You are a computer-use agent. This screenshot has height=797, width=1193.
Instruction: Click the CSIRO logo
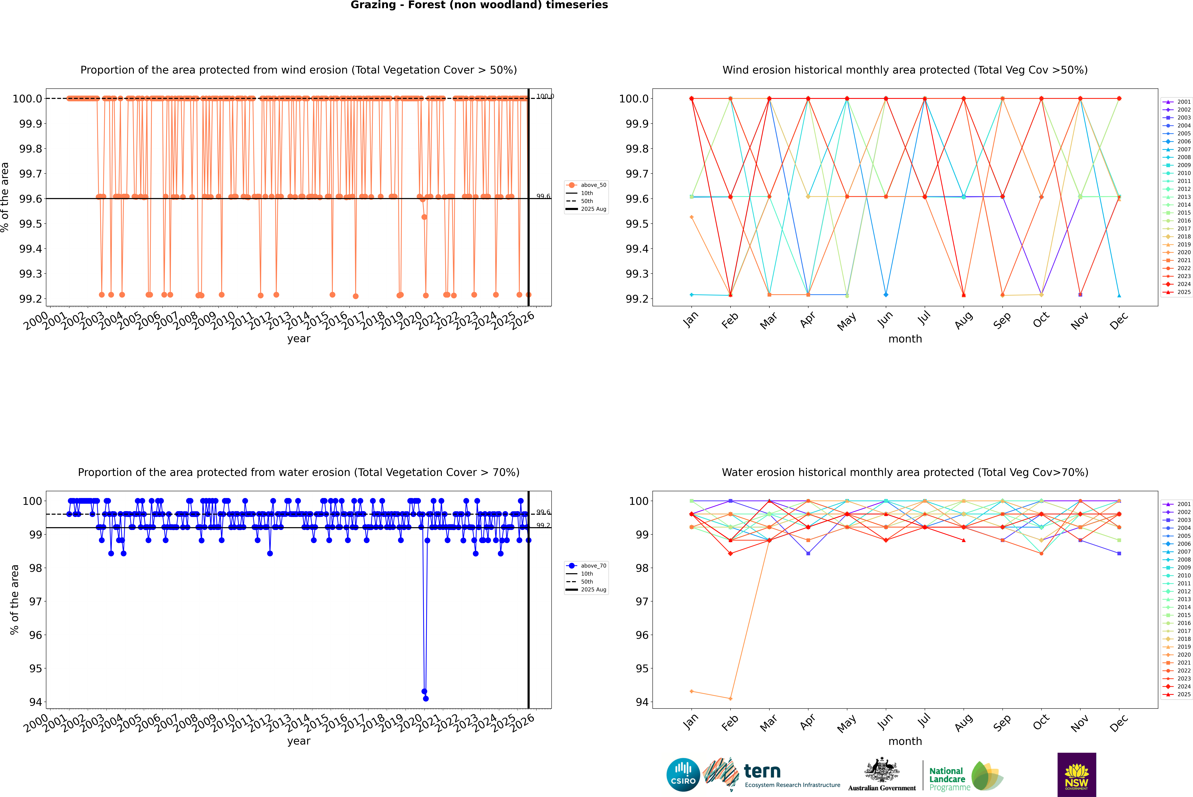(x=683, y=775)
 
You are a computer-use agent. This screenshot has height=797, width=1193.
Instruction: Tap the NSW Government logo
(x=1077, y=775)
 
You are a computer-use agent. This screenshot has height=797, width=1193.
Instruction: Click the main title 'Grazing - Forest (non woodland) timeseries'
(x=479, y=5)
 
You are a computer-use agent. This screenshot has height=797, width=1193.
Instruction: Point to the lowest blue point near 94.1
(x=426, y=698)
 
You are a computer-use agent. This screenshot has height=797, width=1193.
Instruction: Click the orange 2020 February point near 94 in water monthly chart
(x=730, y=698)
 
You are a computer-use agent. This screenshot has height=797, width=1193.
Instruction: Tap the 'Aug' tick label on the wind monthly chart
(x=964, y=320)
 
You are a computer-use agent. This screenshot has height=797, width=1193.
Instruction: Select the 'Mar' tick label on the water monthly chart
(x=768, y=722)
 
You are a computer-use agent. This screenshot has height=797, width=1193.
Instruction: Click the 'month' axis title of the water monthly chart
(x=905, y=741)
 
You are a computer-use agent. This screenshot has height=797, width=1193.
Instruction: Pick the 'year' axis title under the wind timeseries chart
(x=298, y=339)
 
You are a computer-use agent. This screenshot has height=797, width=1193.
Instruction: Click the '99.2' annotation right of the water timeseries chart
(x=543, y=526)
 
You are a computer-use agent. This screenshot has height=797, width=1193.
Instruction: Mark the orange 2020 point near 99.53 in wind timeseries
(x=424, y=217)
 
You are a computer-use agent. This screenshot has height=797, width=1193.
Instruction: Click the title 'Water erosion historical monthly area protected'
(x=905, y=472)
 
